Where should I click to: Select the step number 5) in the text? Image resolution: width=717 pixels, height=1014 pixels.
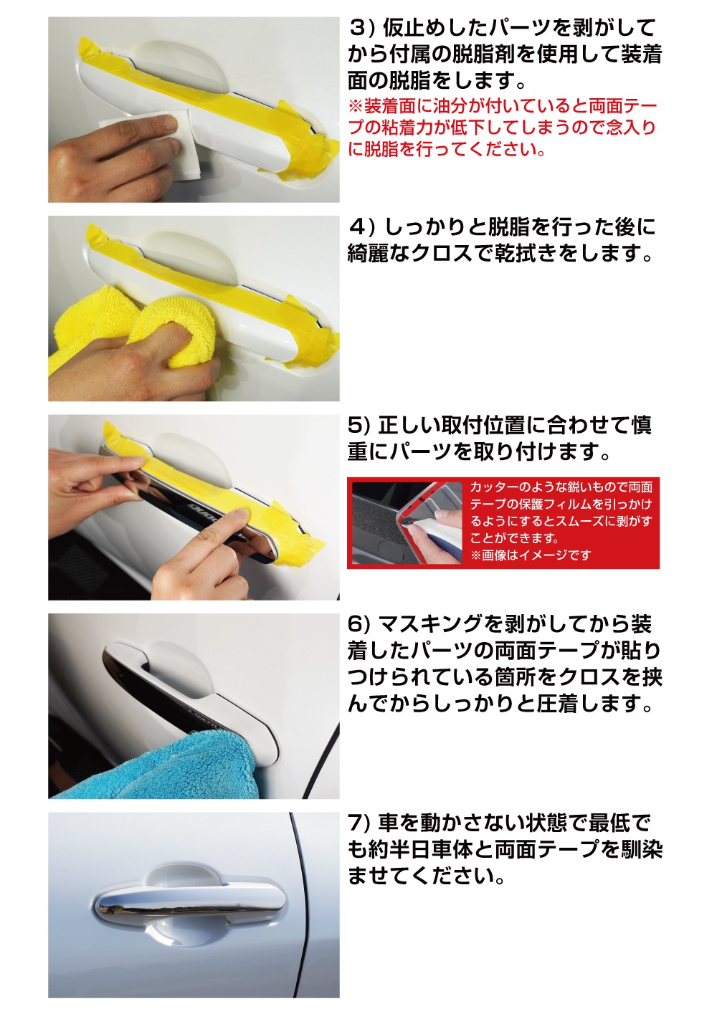tap(358, 426)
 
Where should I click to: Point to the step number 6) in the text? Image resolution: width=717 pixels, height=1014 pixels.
tap(358, 624)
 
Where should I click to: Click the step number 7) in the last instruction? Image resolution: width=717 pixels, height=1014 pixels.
tap(358, 823)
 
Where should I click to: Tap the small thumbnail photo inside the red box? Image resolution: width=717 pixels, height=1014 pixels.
tap(407, 523)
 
